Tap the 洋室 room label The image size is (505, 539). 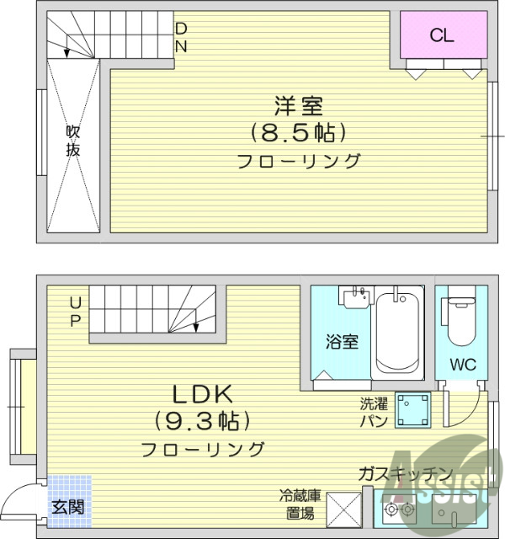[x=298, y=107]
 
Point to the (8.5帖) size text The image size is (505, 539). [x=298, y=132]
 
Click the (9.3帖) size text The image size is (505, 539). [x=202, y=419]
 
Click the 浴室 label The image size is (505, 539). [x=343, y=342]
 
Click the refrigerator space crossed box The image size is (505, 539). [x=343, y=507]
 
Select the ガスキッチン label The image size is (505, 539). [x=405, y=473]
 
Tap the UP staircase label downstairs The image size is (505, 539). [x=75, y=311]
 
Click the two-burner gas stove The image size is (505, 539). [x=399, y=510]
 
